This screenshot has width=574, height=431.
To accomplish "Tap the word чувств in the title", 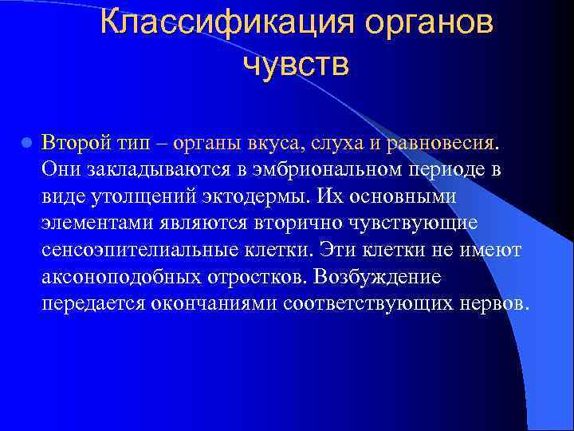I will click(x=296, y=63).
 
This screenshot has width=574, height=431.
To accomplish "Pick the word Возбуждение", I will click(x=377, y=277).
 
